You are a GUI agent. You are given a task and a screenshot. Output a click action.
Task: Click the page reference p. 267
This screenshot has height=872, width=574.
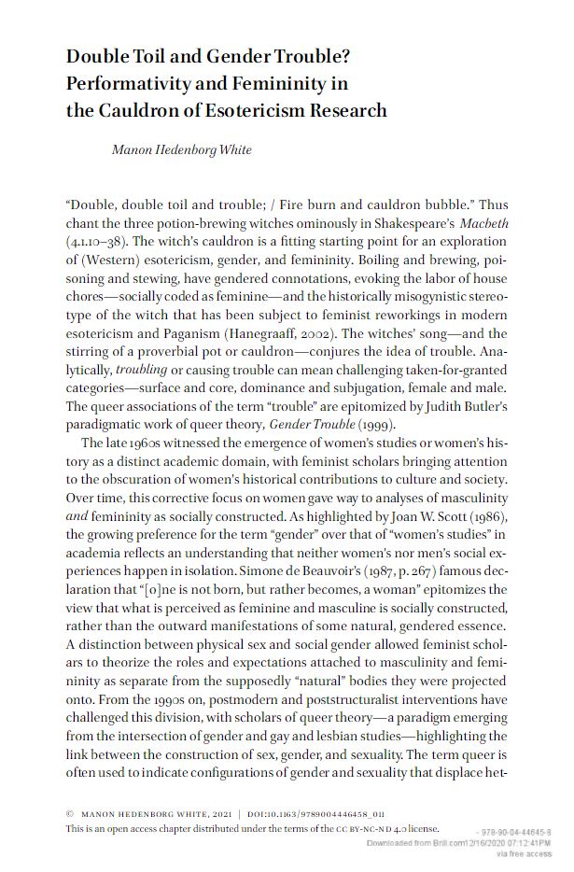click(x=386, y=568)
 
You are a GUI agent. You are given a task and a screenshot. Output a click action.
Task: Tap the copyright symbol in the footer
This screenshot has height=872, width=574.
click(x=71, y=813)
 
